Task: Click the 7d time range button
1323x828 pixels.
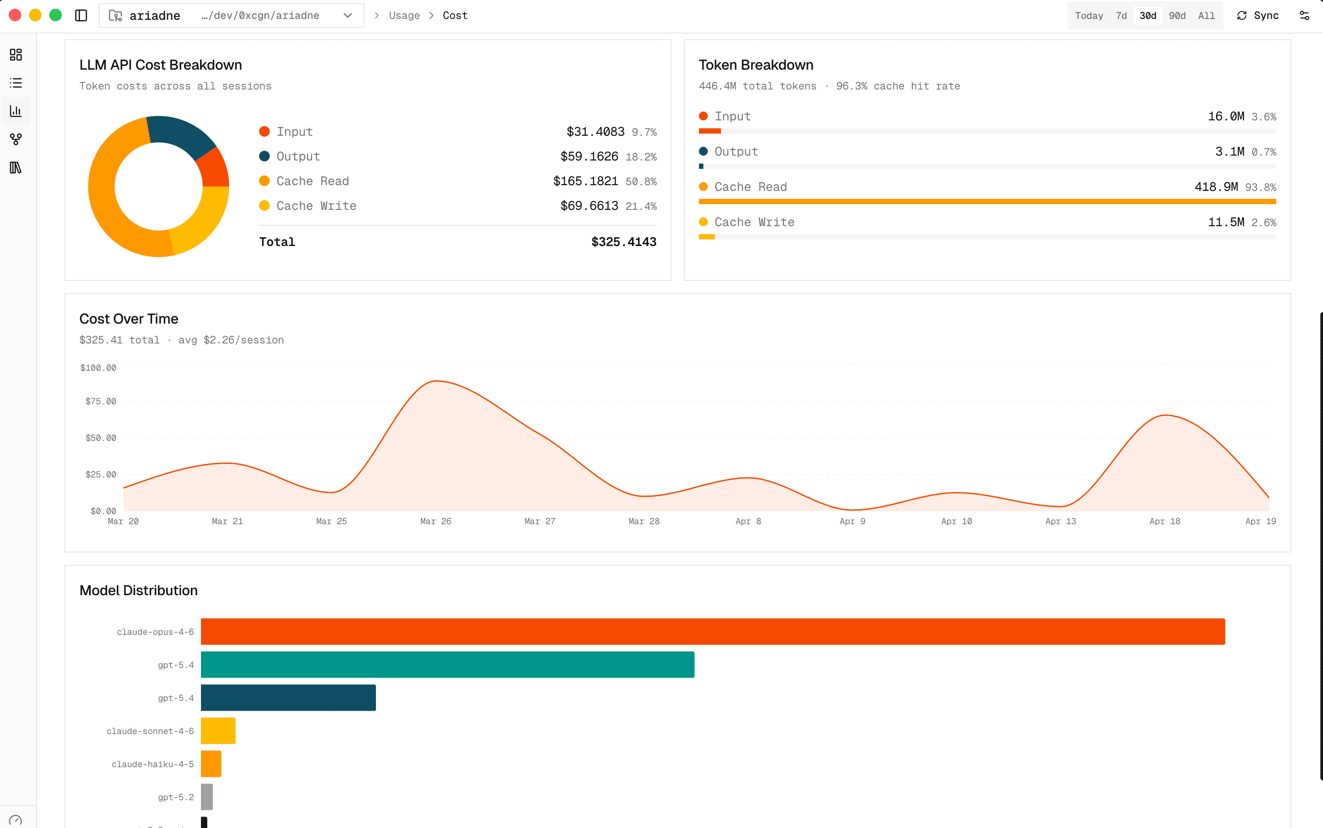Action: click(x=1121, y=15)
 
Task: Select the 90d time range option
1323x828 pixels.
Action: click(x=1177, y=15)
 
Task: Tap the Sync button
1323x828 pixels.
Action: click(x=1258, y=15)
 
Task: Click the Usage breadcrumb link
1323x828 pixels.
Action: click(x=404, y=15)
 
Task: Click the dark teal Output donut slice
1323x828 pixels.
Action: click(x=181, y=134)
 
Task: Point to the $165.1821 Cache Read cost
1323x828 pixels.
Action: click(x=585, y=181)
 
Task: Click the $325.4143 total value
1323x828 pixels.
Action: click(x=624, y=242)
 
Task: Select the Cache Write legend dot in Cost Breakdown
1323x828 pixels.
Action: click(x=264, y=206)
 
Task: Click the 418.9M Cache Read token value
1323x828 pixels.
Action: click(x=1216, y=187)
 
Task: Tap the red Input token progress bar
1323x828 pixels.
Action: click(x=710, y=131)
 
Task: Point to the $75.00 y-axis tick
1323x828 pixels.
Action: click(x=101, y=401)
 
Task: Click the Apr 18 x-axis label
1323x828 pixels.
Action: click(x=1164, y=521)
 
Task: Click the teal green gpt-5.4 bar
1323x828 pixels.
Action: click(x=447, y=664)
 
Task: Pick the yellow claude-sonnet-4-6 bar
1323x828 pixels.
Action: click(x=218, y=731)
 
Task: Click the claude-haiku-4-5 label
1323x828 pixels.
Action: click(x=153, y=764)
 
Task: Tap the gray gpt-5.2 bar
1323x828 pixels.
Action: click(x=207, y=797)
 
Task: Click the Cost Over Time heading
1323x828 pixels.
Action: click(x=129, y=319)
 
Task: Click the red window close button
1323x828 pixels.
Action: click(x=15, y=15)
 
